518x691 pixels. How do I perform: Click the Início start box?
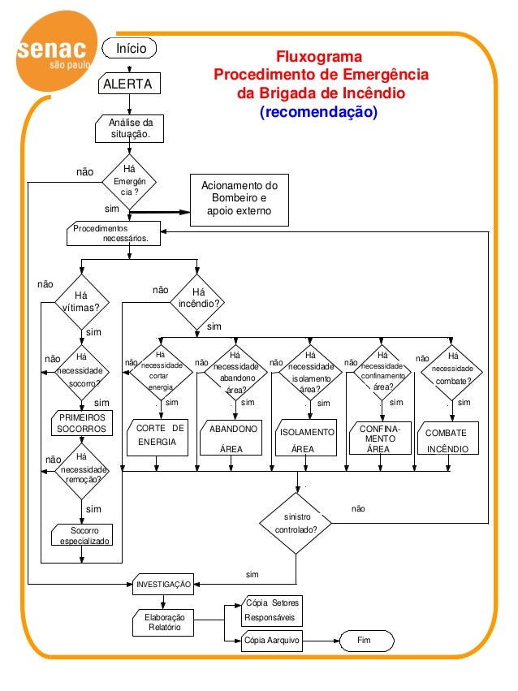pyautogui.click(x=131, y=49)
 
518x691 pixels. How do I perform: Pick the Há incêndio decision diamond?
pyautogui.click(x=197, y=303)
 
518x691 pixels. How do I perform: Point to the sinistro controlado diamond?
pyautogui.click(x=296, y=521)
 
